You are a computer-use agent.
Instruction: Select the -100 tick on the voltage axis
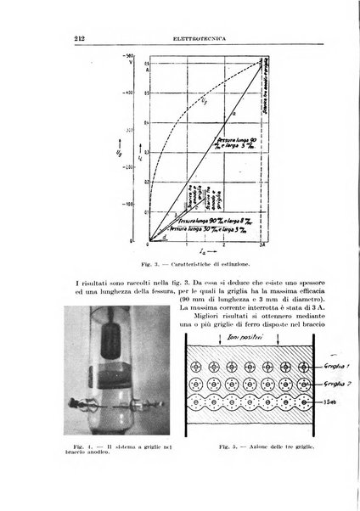point(131,205)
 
